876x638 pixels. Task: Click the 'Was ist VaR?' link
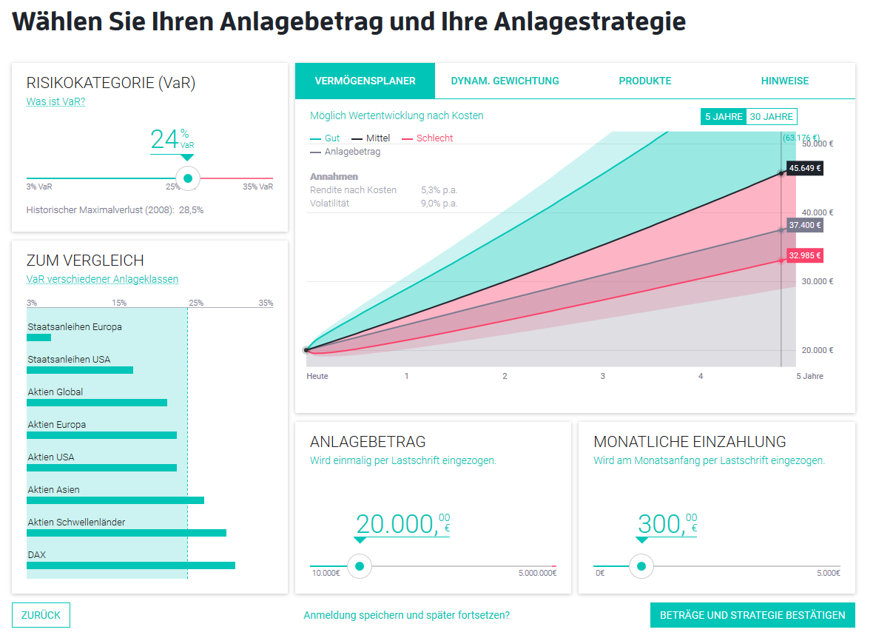tap(55, 101)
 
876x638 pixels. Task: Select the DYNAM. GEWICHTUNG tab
tap(505, 81)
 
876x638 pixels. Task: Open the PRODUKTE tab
tap(644, 81)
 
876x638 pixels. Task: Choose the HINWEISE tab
tap(784, 81)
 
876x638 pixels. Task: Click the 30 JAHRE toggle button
tap(771, 117)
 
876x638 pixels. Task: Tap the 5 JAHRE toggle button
tap(723, 117)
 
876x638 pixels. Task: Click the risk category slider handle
tap(188, 178)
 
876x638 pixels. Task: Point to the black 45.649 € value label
tap(804, 169)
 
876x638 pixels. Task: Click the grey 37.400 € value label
tap(804, 225)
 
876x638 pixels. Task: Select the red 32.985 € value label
tap(804, 256)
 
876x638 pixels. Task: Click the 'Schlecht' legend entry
tap(434, 138)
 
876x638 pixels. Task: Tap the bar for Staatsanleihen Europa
tap(39, 338)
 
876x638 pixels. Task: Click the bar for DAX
tap(130, 565)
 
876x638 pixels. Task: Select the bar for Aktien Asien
tap(115, 500)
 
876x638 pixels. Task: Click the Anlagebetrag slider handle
tap(360, 566)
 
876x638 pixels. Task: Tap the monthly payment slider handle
tap(641, 566)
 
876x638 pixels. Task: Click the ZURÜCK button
tap(41, 615)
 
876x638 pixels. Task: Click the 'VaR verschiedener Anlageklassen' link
tap(102, 279)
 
